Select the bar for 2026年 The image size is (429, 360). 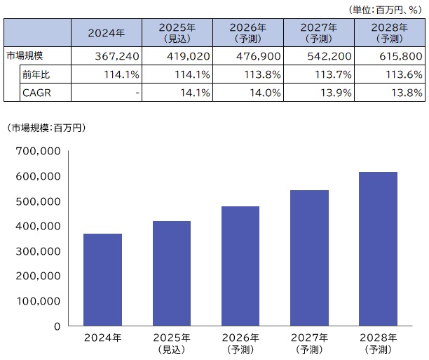[x=240, y=266]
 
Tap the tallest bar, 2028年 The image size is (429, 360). [x=379, y=249]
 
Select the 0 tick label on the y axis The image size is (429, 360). [x=57, y=326]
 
